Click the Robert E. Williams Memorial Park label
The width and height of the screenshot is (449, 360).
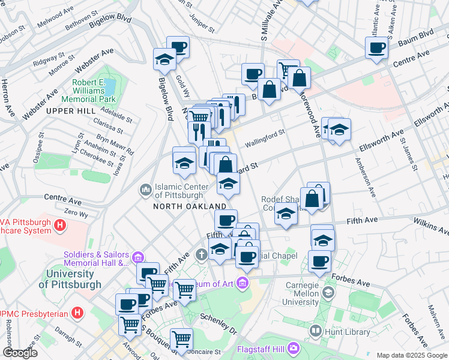pos(94,91)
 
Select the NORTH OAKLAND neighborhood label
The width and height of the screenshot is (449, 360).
pos(190,206)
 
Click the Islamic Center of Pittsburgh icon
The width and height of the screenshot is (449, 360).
pos(145,191)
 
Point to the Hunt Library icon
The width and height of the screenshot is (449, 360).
pos(316,329)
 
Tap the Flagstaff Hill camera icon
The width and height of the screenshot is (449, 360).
pos(293,347)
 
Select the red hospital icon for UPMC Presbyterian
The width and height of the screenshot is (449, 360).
pos(77,313)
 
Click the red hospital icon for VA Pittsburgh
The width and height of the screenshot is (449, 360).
pos(59,226)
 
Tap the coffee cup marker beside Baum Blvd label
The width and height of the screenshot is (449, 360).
pos(376,47)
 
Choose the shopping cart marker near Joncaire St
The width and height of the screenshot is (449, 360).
pos(181,338)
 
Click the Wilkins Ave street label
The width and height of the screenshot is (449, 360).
pos(430,226)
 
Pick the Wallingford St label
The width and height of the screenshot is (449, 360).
pos(265,139)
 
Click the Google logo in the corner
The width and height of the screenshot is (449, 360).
pos(20,353)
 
